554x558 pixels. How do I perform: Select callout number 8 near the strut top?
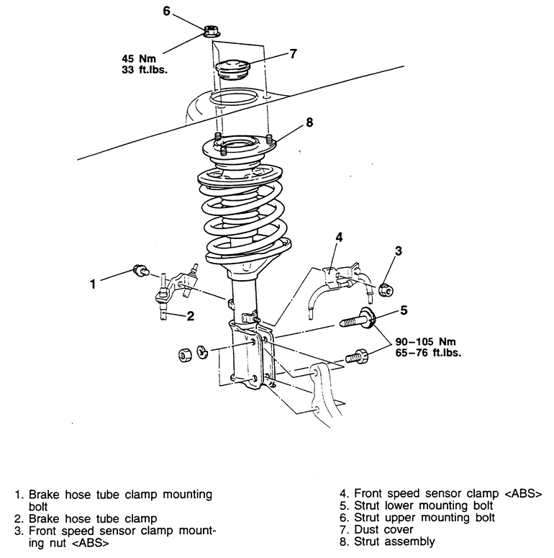click(309, 123)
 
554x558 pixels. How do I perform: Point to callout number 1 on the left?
click(93, 284)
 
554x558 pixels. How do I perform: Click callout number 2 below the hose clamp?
click(191, 315)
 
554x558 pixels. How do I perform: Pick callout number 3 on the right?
click(398, 251)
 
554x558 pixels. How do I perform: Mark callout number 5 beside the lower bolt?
click(404, 310)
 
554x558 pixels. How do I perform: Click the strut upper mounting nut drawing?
click(211, 31)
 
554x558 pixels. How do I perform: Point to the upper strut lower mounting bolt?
click(356, 320)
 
